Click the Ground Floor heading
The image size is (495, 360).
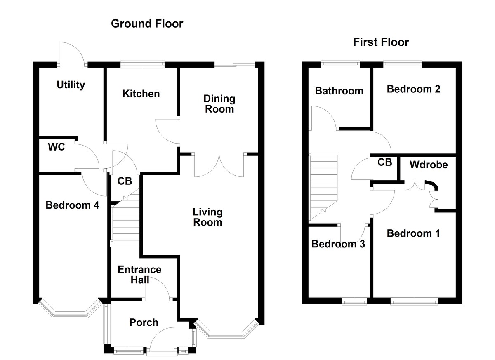(x=147, y=24)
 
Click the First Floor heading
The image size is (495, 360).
(x=381, y=42)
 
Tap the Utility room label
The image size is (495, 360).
(x=71, y=85)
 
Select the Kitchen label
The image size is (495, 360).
(x=141, y=94)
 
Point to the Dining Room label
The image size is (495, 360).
(x=219, y=104)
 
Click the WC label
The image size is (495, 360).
(x=57, y=147)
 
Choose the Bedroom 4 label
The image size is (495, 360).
(x=72, y=205)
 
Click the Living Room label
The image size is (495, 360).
(x=207, y=217)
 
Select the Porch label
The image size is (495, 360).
(x=144, y=322)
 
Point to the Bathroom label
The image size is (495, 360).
(x=339, y=91)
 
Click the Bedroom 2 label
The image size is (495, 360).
(x=413, y=89)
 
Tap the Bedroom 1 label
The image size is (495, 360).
(x=413, y=233)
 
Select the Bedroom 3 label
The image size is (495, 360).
(x=338, y=244)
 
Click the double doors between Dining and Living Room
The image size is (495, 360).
(x=220, y=165)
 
